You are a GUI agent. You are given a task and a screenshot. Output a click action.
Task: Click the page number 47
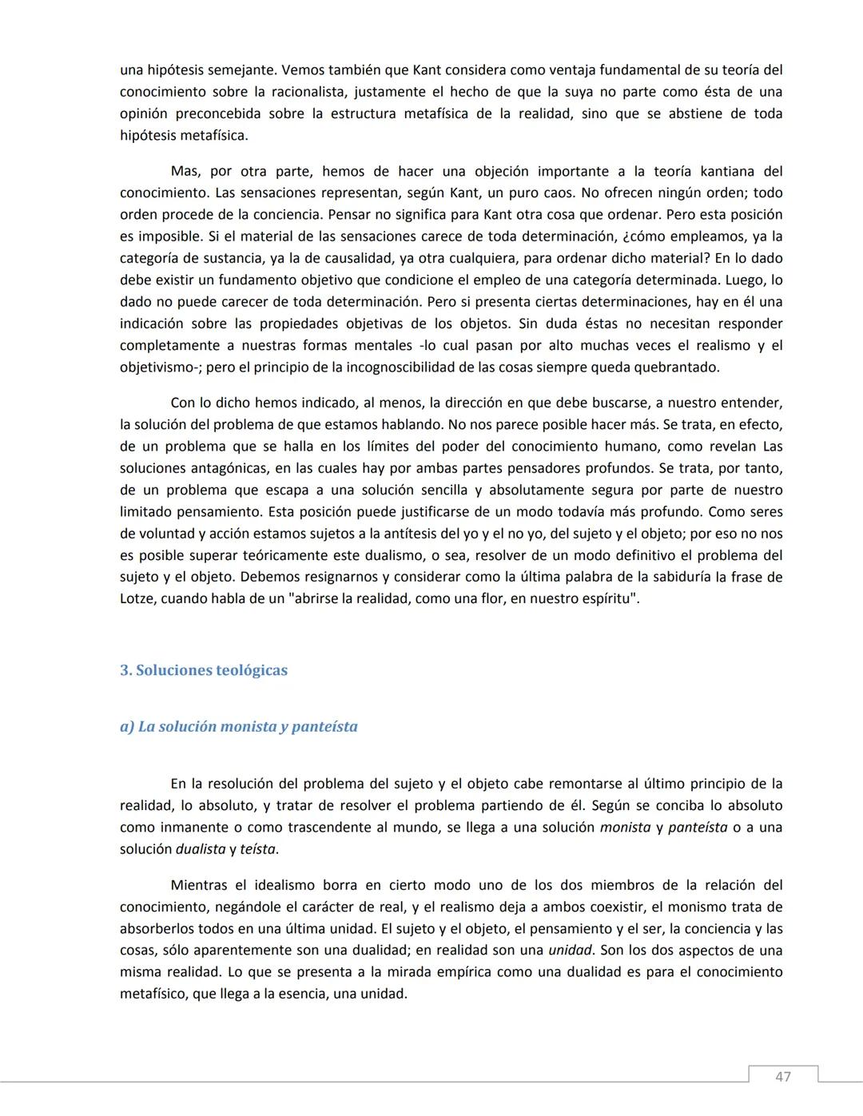pyautogui.click(x=783, y=1076)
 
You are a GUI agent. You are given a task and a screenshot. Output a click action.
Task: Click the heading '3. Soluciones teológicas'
pyautogui.click(x=204, y=670)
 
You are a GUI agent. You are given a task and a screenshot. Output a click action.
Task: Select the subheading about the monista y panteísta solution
pyautogui.click(x=239, y=727)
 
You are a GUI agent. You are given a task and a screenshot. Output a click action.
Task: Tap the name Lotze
pyautogui.click(x=137, y=598)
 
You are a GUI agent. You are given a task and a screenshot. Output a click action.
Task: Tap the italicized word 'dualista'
pyautogui.click(x=200, y=849)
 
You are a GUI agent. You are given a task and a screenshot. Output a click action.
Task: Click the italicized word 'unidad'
pyautogui.click(x=570, y=951)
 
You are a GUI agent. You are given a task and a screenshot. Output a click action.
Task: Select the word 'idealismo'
pyautogui.click(x=285, y=885)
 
